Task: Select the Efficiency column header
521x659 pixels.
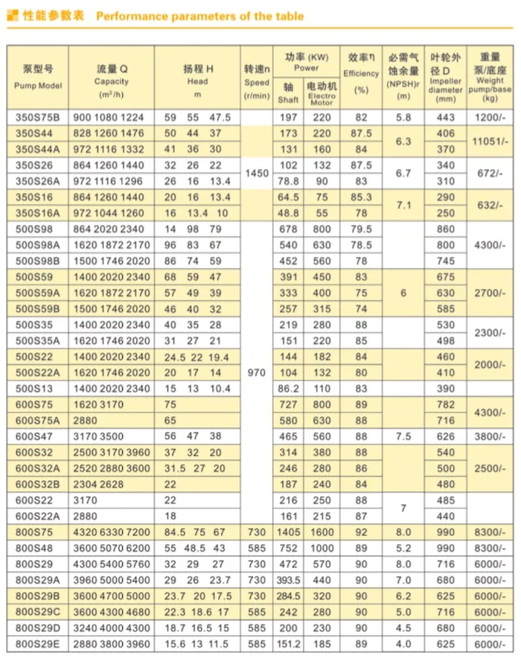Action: pyautogui.click(x=361, y=74)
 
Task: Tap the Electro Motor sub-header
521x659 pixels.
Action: pyautogui.click(x=322, y=95)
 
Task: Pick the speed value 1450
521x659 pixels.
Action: pyautogui.click(x=257, y=173)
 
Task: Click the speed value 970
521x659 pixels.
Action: pyautogui.click(x=257, y=372)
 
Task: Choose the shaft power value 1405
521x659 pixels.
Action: pyautogui.click(x=288, y=532)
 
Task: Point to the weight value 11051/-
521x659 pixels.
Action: pyautogui.click(x=490, y=141)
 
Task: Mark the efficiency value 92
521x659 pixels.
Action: pyautogui.click(x=362, y=532)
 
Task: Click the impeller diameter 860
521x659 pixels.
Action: pyautogui.click(x=446, y=229)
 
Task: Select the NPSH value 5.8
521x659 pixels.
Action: pyautogui.click(x=403, y=118)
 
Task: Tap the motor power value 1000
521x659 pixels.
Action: pyautogui.click(x=322, y=547)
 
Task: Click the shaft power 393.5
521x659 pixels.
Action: pyautogui.click(x=288, y=579)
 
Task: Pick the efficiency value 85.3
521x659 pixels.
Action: pyautogui.click(x=362, y=197)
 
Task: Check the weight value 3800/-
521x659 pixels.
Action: pyautogui.click(x=490, y=436)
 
